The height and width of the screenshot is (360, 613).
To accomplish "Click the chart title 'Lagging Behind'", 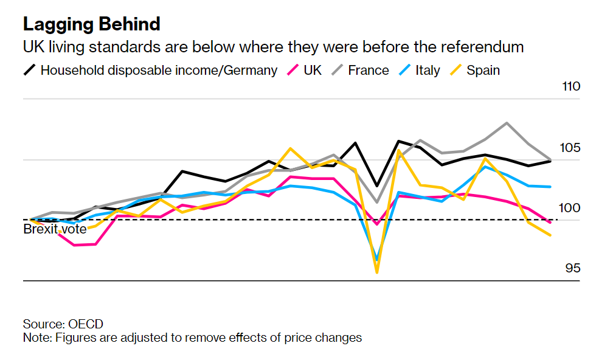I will click(92, 24).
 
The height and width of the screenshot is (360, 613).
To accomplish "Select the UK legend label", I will click(313, 70).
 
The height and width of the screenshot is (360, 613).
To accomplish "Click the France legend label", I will click(369, 70).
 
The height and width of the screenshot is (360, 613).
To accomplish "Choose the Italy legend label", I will click(428, 70).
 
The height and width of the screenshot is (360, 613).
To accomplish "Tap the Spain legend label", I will click(483, 70).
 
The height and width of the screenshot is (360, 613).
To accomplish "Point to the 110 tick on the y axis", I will click(571, 86).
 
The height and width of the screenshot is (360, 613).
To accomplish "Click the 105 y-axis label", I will click(571, 148).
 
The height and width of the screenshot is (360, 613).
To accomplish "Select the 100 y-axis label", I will click(571, 208).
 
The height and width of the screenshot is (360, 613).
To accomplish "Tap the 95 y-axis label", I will click(573, 268).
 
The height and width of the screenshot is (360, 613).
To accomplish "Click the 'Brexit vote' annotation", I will click(55, 229).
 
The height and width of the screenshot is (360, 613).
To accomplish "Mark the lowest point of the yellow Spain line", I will click(377, 272).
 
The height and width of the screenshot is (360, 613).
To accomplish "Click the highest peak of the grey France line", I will click(507, 123).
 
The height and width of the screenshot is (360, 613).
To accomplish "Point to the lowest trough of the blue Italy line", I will click(377, 260).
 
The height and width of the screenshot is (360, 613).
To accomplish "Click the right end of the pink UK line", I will click(550, 223).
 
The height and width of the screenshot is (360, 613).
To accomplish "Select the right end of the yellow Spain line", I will click(550, 235).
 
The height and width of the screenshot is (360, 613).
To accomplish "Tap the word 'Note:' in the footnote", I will click(37, 337).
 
